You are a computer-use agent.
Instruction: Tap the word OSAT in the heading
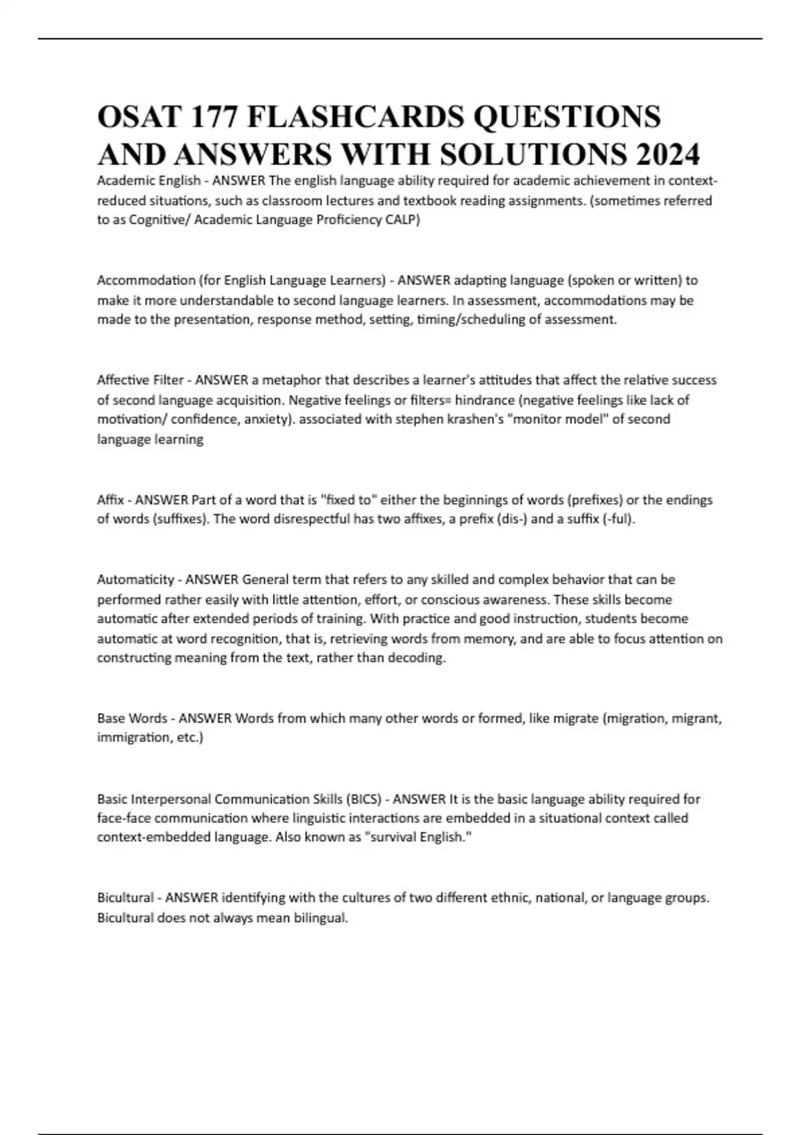pos(139,117)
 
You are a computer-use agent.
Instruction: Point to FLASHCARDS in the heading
pos(355,117)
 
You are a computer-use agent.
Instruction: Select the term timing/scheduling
pos(471,320)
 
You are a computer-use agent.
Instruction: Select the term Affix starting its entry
pos(110,499)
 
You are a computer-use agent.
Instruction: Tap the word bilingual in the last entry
pos(320,918)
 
